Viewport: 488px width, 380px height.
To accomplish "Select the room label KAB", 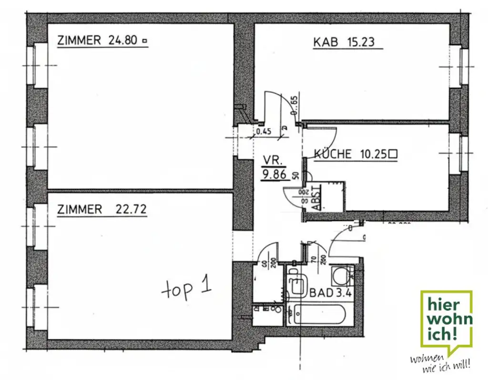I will point(325,42).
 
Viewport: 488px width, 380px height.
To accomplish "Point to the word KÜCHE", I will point(333,154).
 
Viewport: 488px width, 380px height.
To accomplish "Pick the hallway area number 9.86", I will point(274,175).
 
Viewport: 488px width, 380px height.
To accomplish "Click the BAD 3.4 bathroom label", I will point(330,293).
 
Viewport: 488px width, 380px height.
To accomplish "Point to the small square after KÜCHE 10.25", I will point(393,154).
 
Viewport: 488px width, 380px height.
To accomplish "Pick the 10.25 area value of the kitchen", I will point(371,154).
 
